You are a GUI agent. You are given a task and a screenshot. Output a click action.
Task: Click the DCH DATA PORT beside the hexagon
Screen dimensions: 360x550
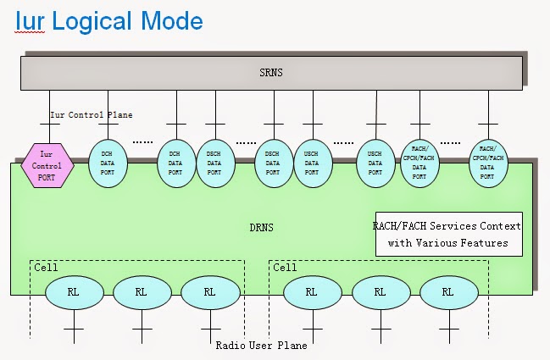[107, 160]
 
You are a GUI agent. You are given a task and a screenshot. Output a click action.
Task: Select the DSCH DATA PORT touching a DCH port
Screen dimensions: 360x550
[214, 160]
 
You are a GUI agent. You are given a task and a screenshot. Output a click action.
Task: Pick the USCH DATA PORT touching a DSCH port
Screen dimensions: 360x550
[311, 160]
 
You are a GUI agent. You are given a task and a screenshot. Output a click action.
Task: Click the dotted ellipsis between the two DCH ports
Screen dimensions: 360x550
[142, 141]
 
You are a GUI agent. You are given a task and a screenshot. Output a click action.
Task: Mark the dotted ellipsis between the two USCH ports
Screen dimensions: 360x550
[343, 141]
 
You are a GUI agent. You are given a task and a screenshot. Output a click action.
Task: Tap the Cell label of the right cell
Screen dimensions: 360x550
[284, 267]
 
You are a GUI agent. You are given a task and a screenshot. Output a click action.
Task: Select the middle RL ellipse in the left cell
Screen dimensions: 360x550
[141, 292]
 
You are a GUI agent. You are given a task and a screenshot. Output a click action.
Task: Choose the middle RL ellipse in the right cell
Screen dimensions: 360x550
[380, 292]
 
